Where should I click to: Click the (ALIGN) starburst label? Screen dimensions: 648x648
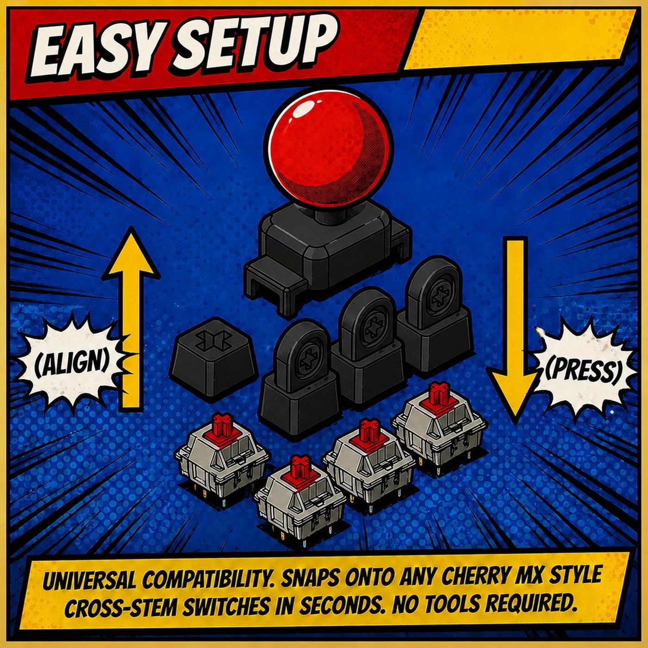tap(72, 365)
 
